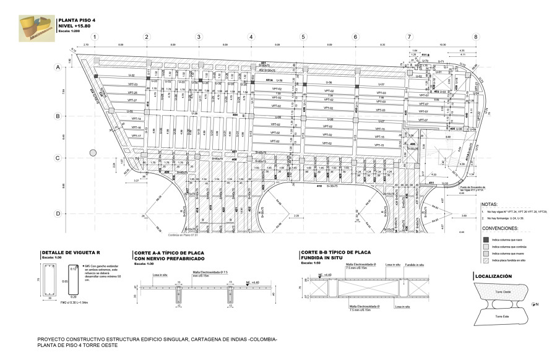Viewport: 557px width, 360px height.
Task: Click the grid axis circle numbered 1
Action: [x=95, y=37]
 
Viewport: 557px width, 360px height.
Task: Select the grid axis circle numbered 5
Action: [x=303, y=37]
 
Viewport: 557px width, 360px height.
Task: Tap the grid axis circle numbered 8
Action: [x=476, y=37]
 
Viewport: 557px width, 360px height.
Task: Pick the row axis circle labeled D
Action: [x=58, y=214]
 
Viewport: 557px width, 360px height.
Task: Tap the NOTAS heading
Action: [x=490, y=204]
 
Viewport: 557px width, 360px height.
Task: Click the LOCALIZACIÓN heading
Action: [x=493, y=276]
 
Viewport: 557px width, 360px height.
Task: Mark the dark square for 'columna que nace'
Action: [x=486, y=238]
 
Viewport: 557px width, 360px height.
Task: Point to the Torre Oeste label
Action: [x=502, y=291]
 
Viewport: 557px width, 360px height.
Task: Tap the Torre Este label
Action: [x=502, y=316]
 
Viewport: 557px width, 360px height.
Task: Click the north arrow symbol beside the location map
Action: [x=533, y=304]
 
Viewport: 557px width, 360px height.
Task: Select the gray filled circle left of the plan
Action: [x=93, y=152]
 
